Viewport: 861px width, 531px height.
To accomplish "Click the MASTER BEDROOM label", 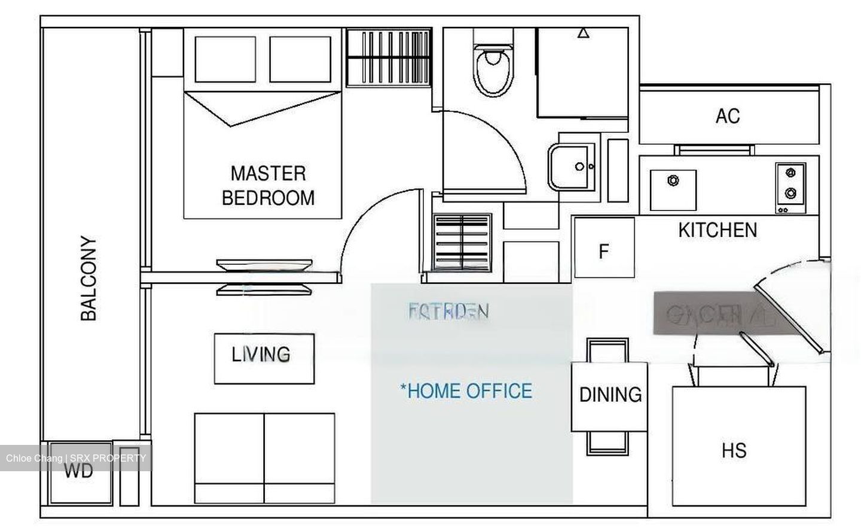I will coord(268,185).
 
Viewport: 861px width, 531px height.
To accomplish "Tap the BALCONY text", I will coord(88,279).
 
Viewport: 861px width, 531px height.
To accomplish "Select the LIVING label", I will coord(261,355).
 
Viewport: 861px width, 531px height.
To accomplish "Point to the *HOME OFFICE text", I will coord(466,391).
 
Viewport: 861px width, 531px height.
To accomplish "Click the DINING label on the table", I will coord(610,395).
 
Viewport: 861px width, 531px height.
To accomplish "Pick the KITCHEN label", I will coord(717,230).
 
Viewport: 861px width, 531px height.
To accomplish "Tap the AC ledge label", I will coord(728,116).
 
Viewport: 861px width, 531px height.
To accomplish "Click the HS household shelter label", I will coord(734,450).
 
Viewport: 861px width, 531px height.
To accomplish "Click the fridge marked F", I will coord(604,251).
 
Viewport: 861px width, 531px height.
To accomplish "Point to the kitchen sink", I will coord(673,189).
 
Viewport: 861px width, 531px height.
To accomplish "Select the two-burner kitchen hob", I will coord(790,187).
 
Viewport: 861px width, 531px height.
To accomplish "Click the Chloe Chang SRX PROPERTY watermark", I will coord(76,459).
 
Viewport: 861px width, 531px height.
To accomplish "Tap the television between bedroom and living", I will coord(264,276).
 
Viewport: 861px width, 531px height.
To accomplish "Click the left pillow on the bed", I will coord(225,59).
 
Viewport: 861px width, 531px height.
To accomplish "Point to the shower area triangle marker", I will coord(584,33).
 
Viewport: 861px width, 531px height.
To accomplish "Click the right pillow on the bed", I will coord(300,59).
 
